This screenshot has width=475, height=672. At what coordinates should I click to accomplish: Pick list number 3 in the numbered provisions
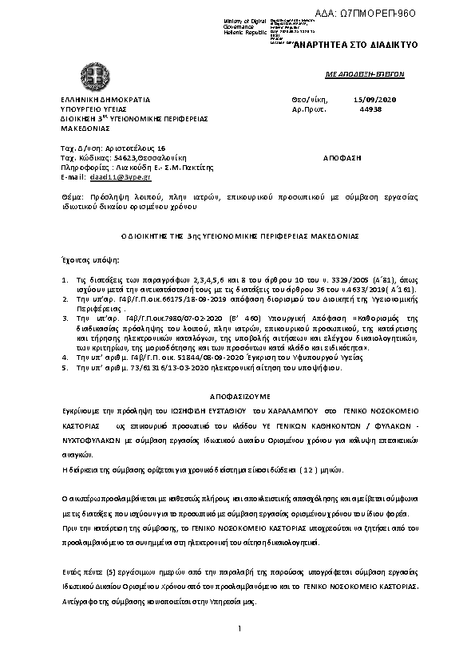click(64, 317)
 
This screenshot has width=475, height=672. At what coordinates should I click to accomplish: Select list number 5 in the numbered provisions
click(64, 370)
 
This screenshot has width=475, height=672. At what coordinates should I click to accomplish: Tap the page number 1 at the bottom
click(239, 630)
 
